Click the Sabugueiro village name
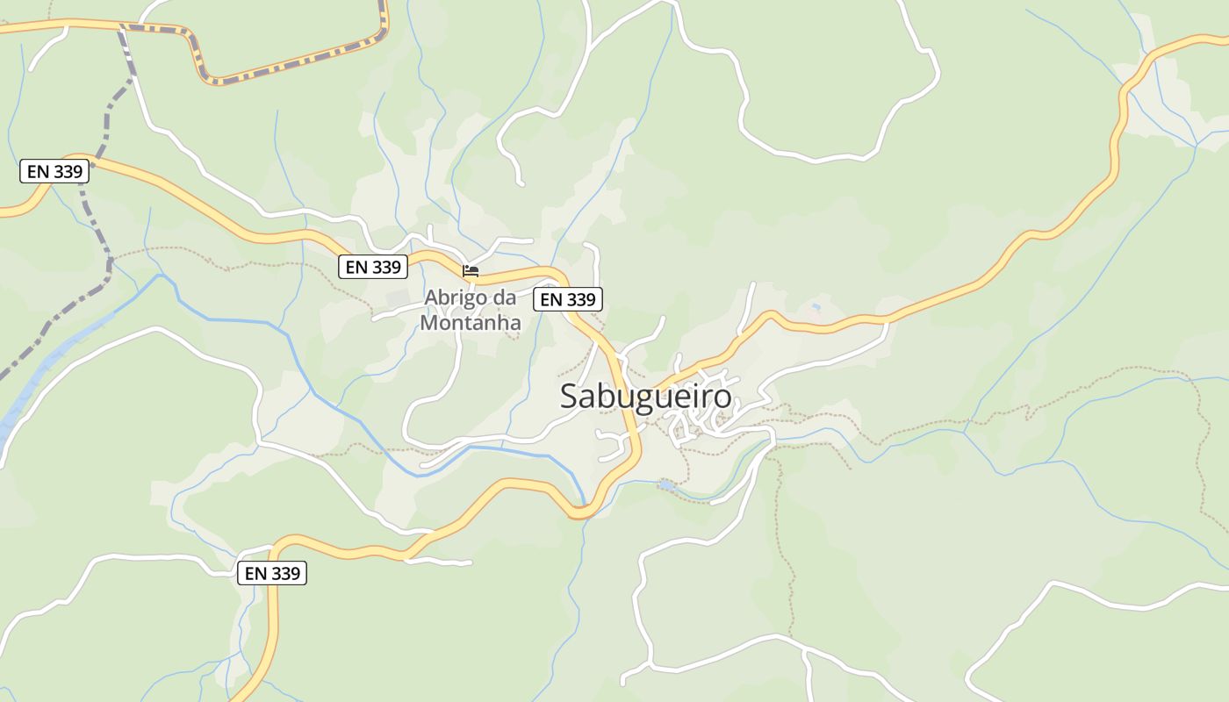tap(645, 397)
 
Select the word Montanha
tap(471, 323)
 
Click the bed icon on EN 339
tap(471, 271)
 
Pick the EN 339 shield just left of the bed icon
tap(373, 267)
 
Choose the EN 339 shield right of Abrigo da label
tap(568, 299)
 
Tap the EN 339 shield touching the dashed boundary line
tap(54, 171)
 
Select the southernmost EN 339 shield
tap(272, 573)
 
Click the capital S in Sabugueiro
tap(570, 397)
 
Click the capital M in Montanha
tap(430, 323)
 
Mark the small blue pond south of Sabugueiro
tap(667, 484)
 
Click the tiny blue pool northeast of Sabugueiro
tap(816, 307)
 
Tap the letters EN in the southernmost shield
tap(255, 573)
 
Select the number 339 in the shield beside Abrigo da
tap(580, 299)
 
